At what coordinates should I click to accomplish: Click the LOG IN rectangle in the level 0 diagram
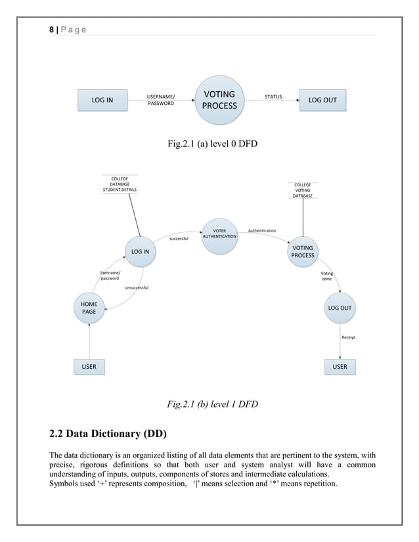pos(102,100)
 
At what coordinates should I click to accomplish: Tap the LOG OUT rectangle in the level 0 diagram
pos(322,100)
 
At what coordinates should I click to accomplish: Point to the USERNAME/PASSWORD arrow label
pos(161,100)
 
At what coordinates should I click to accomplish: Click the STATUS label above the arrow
pos(273,96)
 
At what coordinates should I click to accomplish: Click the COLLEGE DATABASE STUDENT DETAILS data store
pos(120,184)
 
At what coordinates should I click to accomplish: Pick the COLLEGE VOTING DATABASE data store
pos(303,190)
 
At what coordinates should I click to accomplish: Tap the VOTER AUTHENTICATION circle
pos(219,235)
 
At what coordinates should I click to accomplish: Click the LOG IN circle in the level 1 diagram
pos(140,251)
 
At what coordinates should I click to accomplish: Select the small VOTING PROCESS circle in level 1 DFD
pos(303,251)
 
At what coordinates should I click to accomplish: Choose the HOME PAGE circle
pos(89,308)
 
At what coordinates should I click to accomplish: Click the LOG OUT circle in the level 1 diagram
pos(340,308)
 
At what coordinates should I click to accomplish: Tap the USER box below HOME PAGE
pos(89,366)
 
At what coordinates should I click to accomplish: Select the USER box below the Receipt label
pos(340,366)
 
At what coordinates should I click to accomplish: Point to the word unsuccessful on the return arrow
pos(136,287)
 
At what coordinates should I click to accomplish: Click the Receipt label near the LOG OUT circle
pos(348,337)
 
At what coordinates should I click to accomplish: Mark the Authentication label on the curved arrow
pos(261,230)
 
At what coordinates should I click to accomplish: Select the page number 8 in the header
pos(52,30)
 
